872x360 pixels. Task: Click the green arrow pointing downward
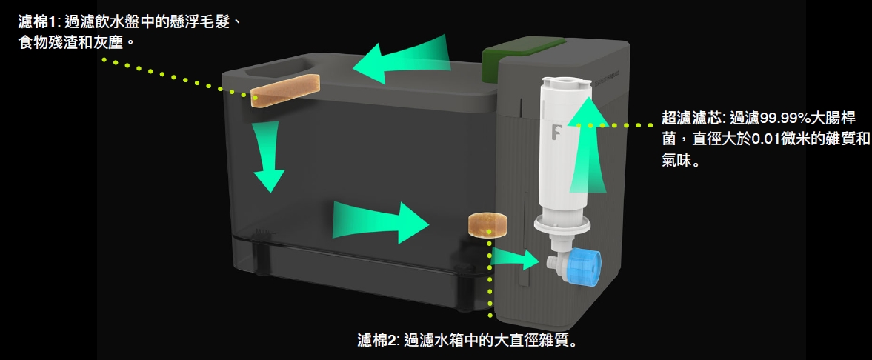pos(268,157)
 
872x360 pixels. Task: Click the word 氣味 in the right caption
pos(676,160)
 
